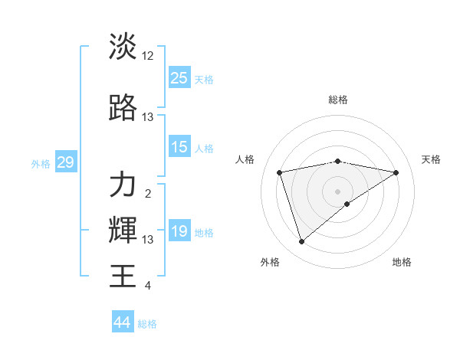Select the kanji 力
pyautogui.click(x=123, y=185)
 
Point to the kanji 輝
pyautogui.click(x=123, y=229)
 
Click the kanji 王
pyautogui.click(x=123, y=274)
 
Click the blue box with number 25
pyautogui.click(x=179, y=77)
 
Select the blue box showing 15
pyautogui.click(x=179, y=147)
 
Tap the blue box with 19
pyautogui.click(x=179, y=231)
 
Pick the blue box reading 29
pyautogui.click(x=65, y=162)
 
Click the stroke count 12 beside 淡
pyautogui.click(x=148, y=56)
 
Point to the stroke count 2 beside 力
pyautogui.click(x=148, y=194)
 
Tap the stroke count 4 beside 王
pyautogui.click(x=148, y=286)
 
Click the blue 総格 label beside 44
pyautogui.click(x=147, y=324)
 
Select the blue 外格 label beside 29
pyautogui.click(x=41, y=163)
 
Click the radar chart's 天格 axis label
pyautogui.click(x=431, y=159)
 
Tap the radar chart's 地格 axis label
pyautogui.click(x=402, y=262)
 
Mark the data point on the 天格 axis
pyautogui.click(x=396, y=172)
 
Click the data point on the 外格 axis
pyautogui.click(x=302, y=241)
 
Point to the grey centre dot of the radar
pyautogui.click(x=337, y=191)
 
